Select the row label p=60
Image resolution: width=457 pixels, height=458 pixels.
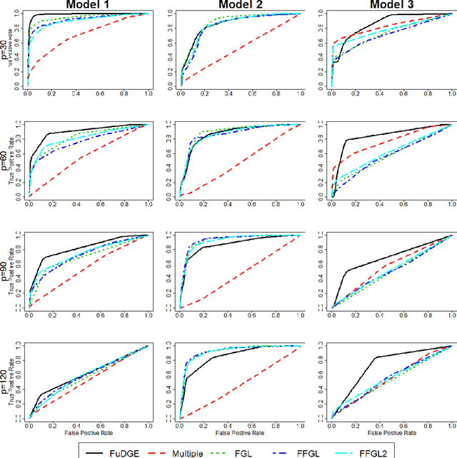[6, 159]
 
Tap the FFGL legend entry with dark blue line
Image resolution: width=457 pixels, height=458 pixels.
[324, 449]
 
